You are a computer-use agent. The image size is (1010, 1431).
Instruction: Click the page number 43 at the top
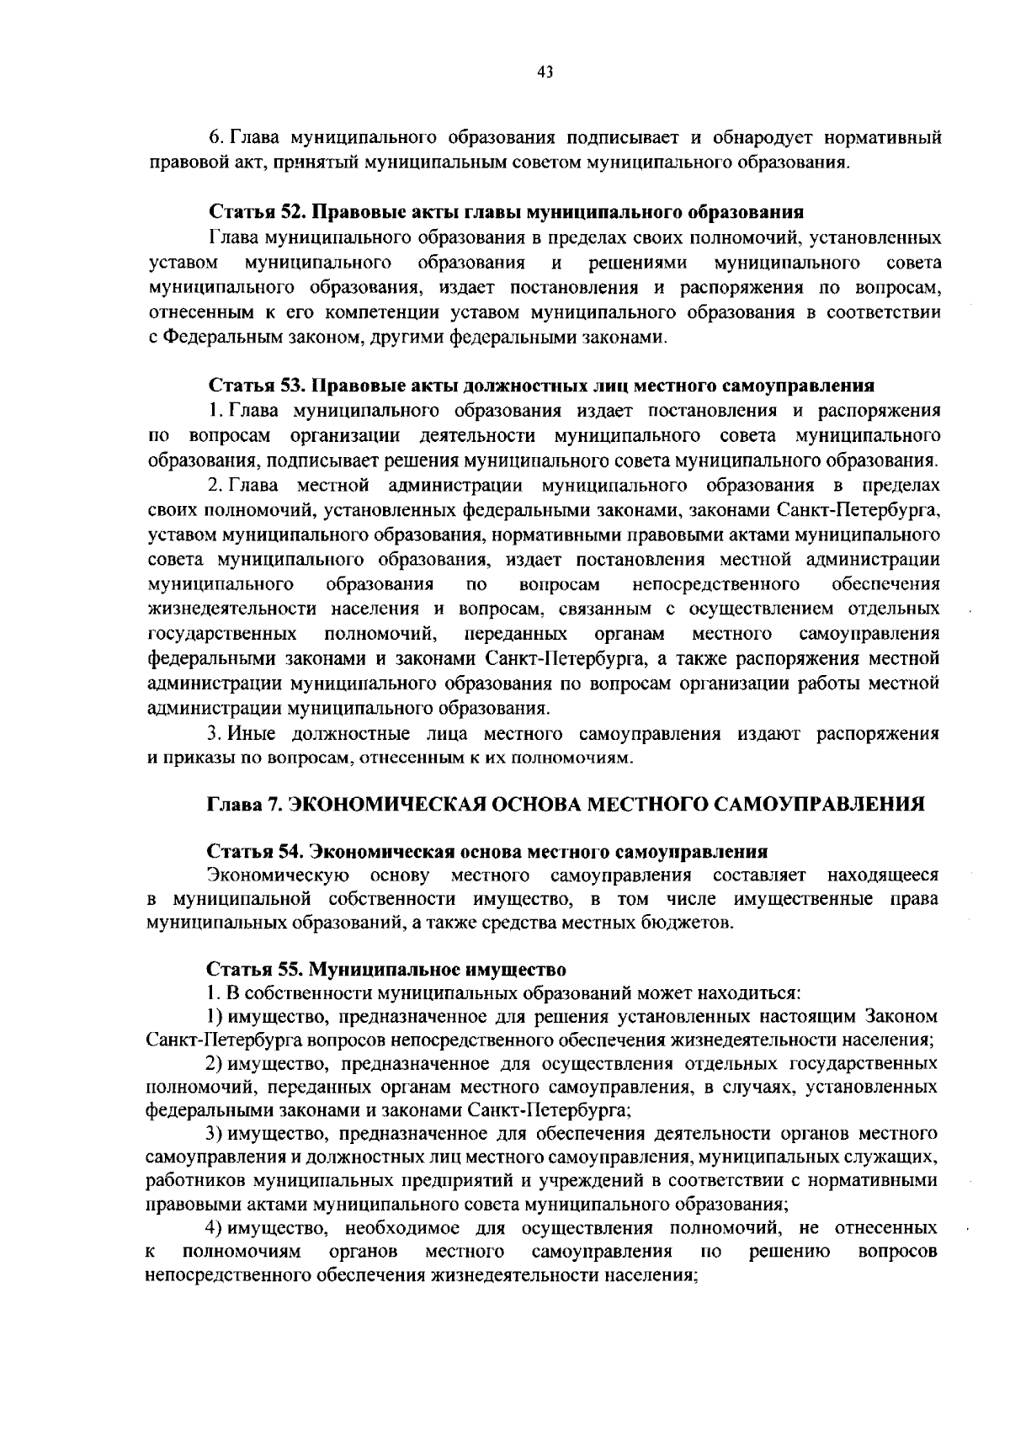545,72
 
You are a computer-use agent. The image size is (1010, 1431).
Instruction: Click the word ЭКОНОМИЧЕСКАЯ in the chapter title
382,803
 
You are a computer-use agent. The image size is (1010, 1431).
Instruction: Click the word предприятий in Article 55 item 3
414,1180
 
